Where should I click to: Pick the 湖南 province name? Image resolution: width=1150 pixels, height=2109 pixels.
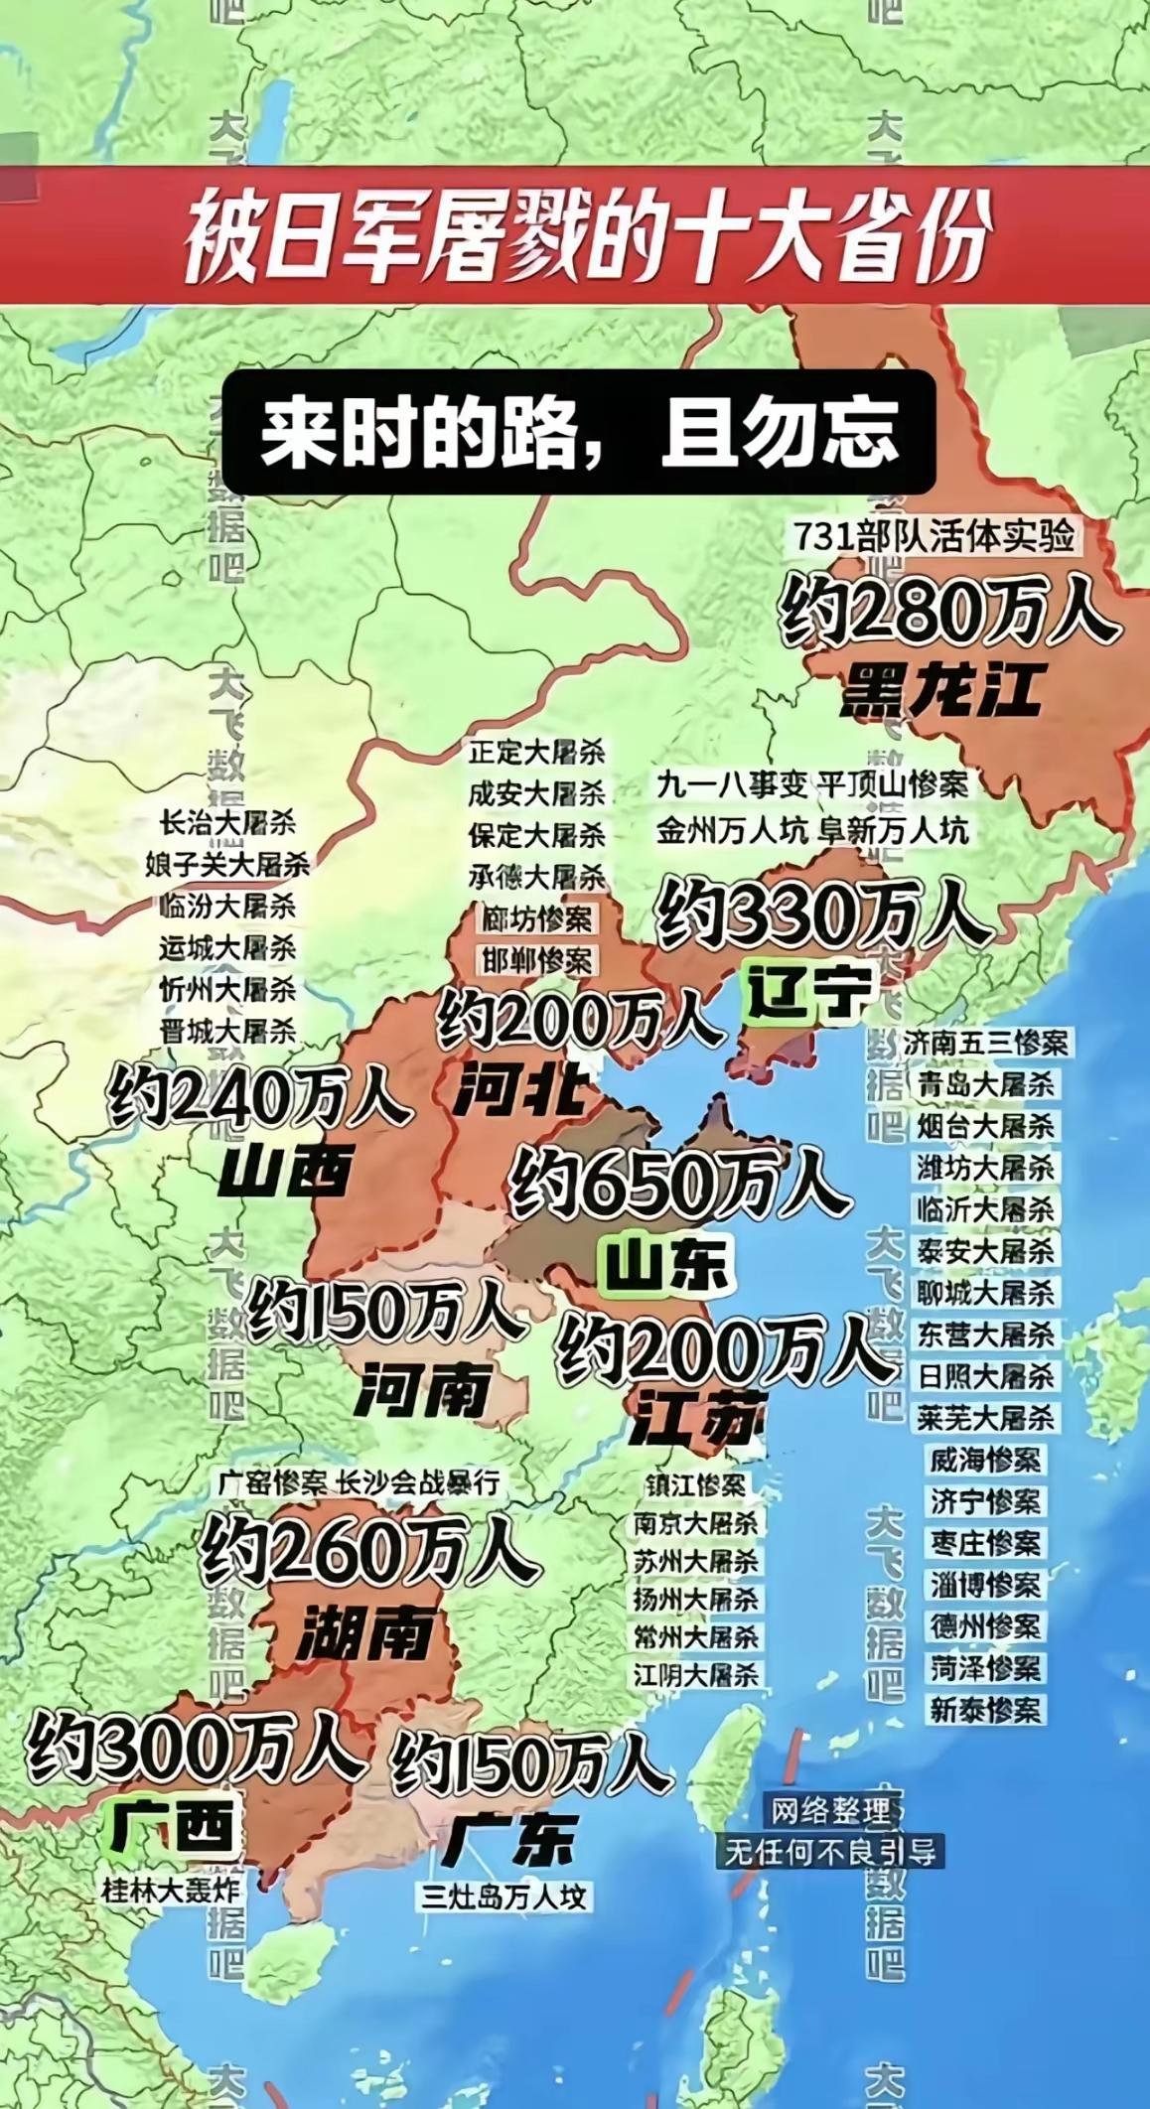[365, 1632]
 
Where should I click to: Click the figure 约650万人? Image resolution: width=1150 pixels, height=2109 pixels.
[679, 1182]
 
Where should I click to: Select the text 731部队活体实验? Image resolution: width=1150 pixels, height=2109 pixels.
[934, 537]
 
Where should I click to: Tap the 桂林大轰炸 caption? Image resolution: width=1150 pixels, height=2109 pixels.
[172, 1889]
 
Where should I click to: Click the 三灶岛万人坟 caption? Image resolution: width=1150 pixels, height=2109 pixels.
[504, 1897]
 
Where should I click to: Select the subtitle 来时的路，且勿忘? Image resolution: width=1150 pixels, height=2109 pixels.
[579, 433]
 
